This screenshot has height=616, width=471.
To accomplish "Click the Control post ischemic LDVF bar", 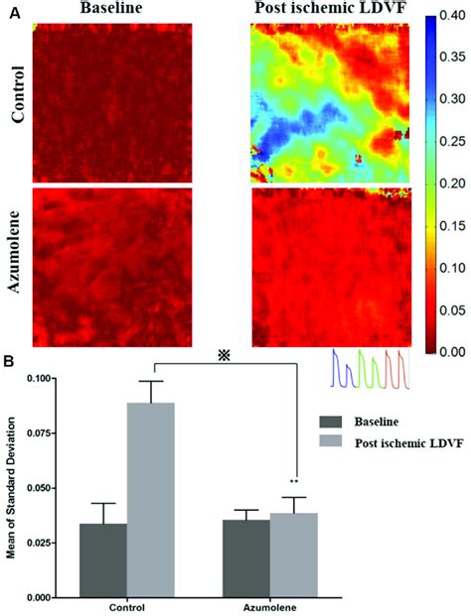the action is (x=151, y=500).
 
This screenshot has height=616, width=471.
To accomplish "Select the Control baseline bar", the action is (x=103, y=560).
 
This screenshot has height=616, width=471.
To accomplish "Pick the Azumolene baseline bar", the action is (x=246, y=558).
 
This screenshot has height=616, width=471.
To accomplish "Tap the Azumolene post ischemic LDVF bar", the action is (x=294, y=555).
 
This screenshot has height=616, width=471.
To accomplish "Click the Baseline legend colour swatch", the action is (x=331, y=422).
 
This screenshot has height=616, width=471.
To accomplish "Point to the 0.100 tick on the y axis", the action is (x=54, y=378).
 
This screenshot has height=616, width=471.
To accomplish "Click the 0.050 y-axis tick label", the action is (x=38, y=488).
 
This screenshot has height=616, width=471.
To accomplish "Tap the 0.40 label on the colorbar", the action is (x=452, y=17).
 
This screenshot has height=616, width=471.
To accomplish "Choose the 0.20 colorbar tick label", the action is (x=452, y=184).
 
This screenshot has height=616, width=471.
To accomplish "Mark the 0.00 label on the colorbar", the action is (x=452, y=351).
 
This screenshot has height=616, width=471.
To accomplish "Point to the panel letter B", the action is (x=9, y=361).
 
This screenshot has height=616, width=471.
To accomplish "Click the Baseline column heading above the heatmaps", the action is (x=111, y=8).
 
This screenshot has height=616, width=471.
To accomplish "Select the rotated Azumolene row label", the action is (x=15, y=252).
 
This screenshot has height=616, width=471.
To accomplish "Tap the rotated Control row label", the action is (x=18, y=94).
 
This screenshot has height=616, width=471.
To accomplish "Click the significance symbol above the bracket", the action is (x=224, y=355).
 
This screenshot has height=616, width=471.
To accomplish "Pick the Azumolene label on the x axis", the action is (x=270, y=607).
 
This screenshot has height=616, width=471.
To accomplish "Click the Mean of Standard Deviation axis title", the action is (x=11, y=487).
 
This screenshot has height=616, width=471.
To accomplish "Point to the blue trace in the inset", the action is (x=343, y=370).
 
